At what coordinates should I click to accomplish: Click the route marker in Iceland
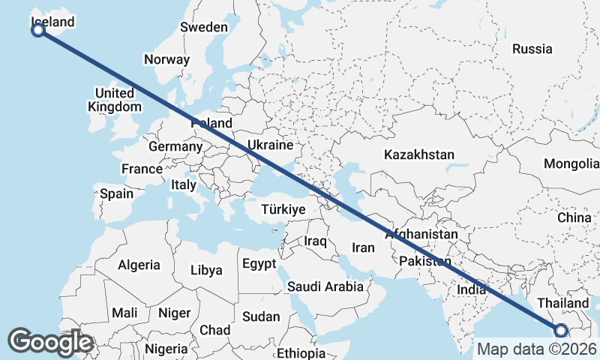[x=38, y=30]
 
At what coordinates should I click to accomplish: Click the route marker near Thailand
[x=560, y=330]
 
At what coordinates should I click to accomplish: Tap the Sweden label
[x=203, y=27]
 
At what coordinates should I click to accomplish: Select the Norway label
[x=167, y=59]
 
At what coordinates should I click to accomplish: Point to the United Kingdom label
[x=115, y=100]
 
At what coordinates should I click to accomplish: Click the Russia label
[x=532, y=49]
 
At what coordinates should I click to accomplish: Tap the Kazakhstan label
[x=419, y=154]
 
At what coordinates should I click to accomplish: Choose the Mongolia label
[x=571, y=163]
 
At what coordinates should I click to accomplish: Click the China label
[x=574, y=217]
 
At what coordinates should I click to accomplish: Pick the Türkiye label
[x=283, y=209]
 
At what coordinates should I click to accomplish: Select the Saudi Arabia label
[x=325, y=286]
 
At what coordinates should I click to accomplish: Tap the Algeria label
[x=139, y=265]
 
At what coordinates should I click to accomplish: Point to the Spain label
[x=116, y=193]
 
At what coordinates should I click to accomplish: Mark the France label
[x=142, y=169]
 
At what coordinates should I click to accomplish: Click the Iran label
[x=363, y=247]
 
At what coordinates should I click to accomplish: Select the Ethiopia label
[x=301, y=353]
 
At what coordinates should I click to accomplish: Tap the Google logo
[x=50, y=342]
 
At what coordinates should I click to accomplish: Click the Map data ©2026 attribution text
[x=536, y=349]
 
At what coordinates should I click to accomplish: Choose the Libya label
[x=206, y=270]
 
